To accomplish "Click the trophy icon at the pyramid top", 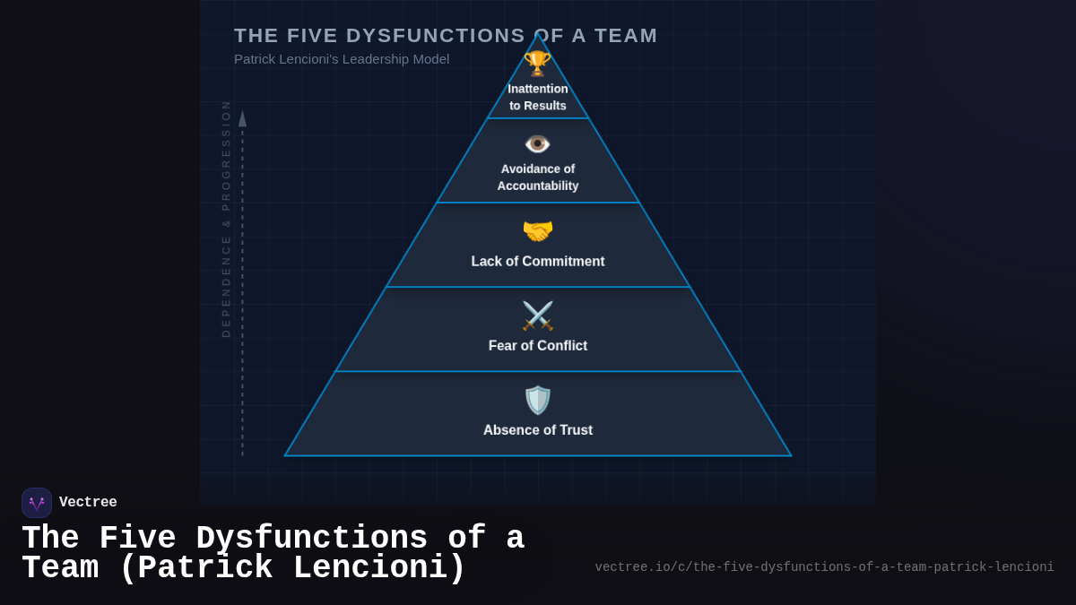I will click(537, 64).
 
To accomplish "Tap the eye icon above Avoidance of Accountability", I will click(537, 143).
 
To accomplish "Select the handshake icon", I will click(538, 231).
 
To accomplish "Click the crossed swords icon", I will click(538, 315).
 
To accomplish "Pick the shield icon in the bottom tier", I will click(538, 400).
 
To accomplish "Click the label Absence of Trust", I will click(538, 430).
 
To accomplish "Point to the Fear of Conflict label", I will click(538, 346).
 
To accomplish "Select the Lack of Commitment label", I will click(538, 262).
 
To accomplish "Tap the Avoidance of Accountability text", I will click(538, 177).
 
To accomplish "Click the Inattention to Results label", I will click(538, 97).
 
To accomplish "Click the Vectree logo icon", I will click(37, 503).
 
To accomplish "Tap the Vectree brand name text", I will click(88, 503).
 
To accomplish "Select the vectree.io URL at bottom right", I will click(824, 567).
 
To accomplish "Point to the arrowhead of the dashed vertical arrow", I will click(242, 118).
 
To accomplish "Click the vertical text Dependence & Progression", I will click(226, 219).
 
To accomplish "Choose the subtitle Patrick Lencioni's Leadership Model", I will click(342, 59).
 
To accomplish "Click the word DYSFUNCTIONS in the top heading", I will click(436, 36).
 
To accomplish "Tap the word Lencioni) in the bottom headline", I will click(379, 568).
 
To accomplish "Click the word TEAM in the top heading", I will click(622, 36).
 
